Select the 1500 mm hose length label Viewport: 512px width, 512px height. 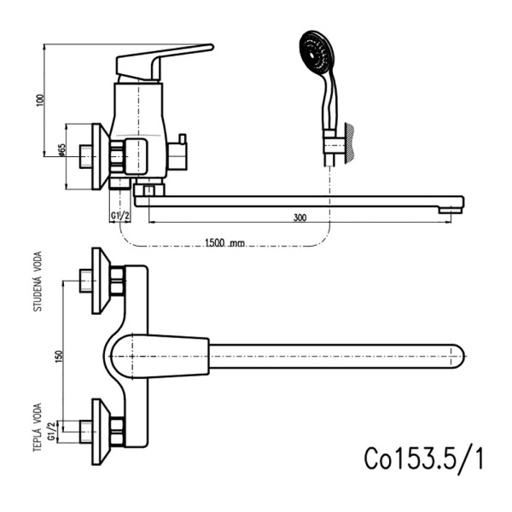click(x=224, y=243)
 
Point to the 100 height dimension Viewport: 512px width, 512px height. click(x=39, y=100)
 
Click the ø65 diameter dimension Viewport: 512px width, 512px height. click(x=62, y=152)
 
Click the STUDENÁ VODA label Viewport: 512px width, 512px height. click(x=38, y=281)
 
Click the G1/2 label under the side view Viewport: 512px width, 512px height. click(x=119, y=217)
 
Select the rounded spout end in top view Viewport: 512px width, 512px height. click(x=454, y=355)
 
